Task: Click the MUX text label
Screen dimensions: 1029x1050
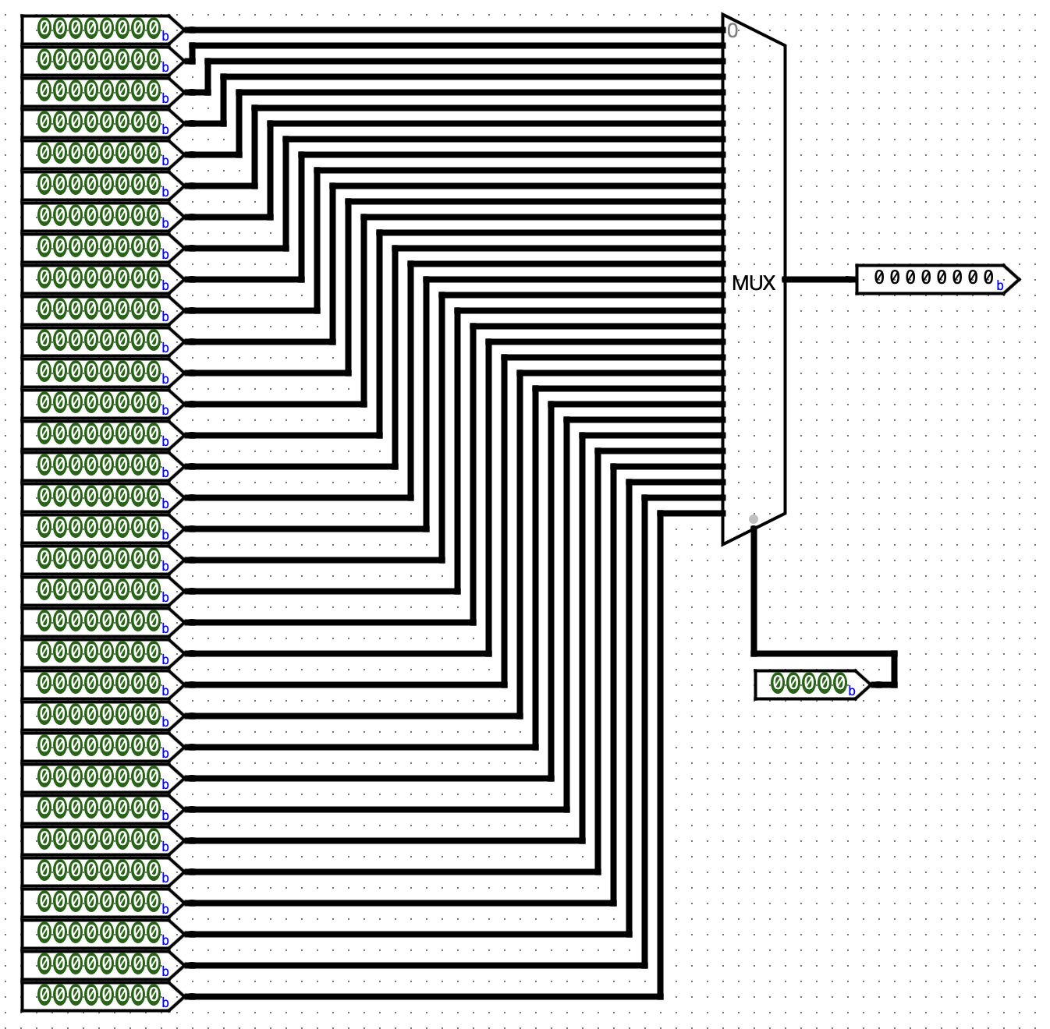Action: [753, 283]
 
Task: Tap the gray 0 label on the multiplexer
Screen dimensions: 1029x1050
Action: [732, 31]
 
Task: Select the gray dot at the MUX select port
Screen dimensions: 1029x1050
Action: [754, 519]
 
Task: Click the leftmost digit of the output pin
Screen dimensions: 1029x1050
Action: [879, 278]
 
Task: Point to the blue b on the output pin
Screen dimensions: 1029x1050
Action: [1000, 286]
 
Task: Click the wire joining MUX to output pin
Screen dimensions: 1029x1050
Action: [819, 279]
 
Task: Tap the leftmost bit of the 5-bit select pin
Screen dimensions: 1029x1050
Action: [778, 684]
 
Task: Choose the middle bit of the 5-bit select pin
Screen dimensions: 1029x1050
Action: [808, 684]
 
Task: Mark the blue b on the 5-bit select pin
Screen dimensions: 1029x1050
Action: [852, 691]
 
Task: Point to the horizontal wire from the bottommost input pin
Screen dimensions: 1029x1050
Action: [421, 996]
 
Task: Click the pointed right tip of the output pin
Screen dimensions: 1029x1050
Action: [1017, 279]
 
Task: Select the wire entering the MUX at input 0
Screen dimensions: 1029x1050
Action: [468, 30]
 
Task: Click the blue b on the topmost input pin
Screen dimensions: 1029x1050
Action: [165, 37]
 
